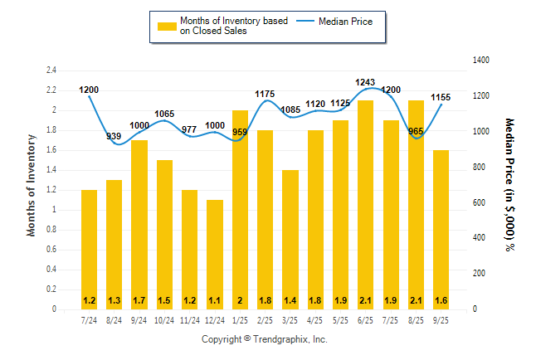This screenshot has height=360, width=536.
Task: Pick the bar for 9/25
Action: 441,229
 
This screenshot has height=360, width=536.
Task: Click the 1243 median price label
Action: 365,82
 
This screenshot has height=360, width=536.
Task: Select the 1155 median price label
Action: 441,98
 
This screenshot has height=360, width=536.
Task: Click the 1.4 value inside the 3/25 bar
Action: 290,300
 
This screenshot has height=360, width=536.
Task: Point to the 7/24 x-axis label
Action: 89,320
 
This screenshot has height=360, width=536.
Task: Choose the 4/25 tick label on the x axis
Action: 314,320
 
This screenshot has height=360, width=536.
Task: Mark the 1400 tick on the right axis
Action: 482,61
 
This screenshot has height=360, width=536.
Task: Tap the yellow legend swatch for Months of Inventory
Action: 167,27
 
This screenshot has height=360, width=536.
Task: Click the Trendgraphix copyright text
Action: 265,339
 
